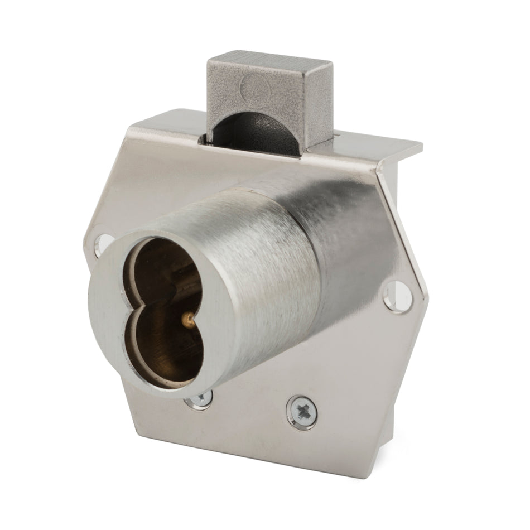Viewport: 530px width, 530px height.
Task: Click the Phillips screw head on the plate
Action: tap(302, 412)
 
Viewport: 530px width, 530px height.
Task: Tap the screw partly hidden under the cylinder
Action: tap(201, 398)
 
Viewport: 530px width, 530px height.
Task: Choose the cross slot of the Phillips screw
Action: tap(302, 412)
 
